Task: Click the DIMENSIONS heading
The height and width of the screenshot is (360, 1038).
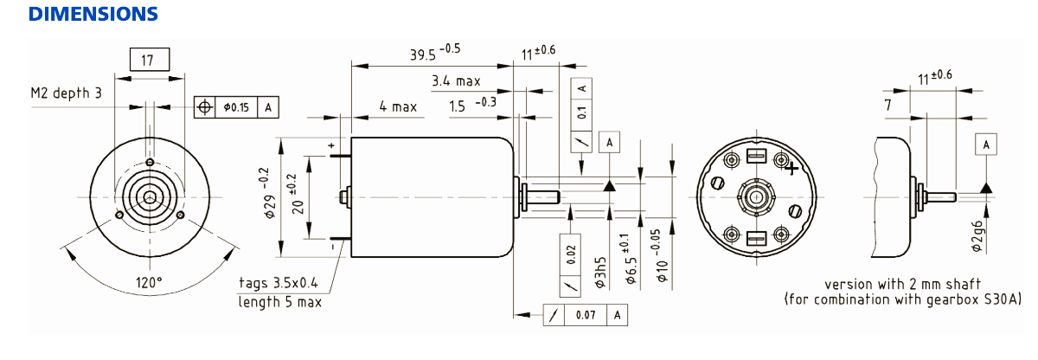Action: tap(93, 14)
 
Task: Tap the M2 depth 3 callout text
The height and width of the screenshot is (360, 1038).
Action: tap(66, 93)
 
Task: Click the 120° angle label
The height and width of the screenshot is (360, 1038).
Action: tap(149, 282)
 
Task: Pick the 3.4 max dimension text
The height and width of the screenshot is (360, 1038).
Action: tap(456, 81)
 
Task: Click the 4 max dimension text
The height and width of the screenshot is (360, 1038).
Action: tap(398, 107)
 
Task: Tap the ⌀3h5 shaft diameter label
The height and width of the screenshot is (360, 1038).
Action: tap(600, 273)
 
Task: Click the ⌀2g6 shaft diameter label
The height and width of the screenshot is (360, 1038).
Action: tap(977, 236)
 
